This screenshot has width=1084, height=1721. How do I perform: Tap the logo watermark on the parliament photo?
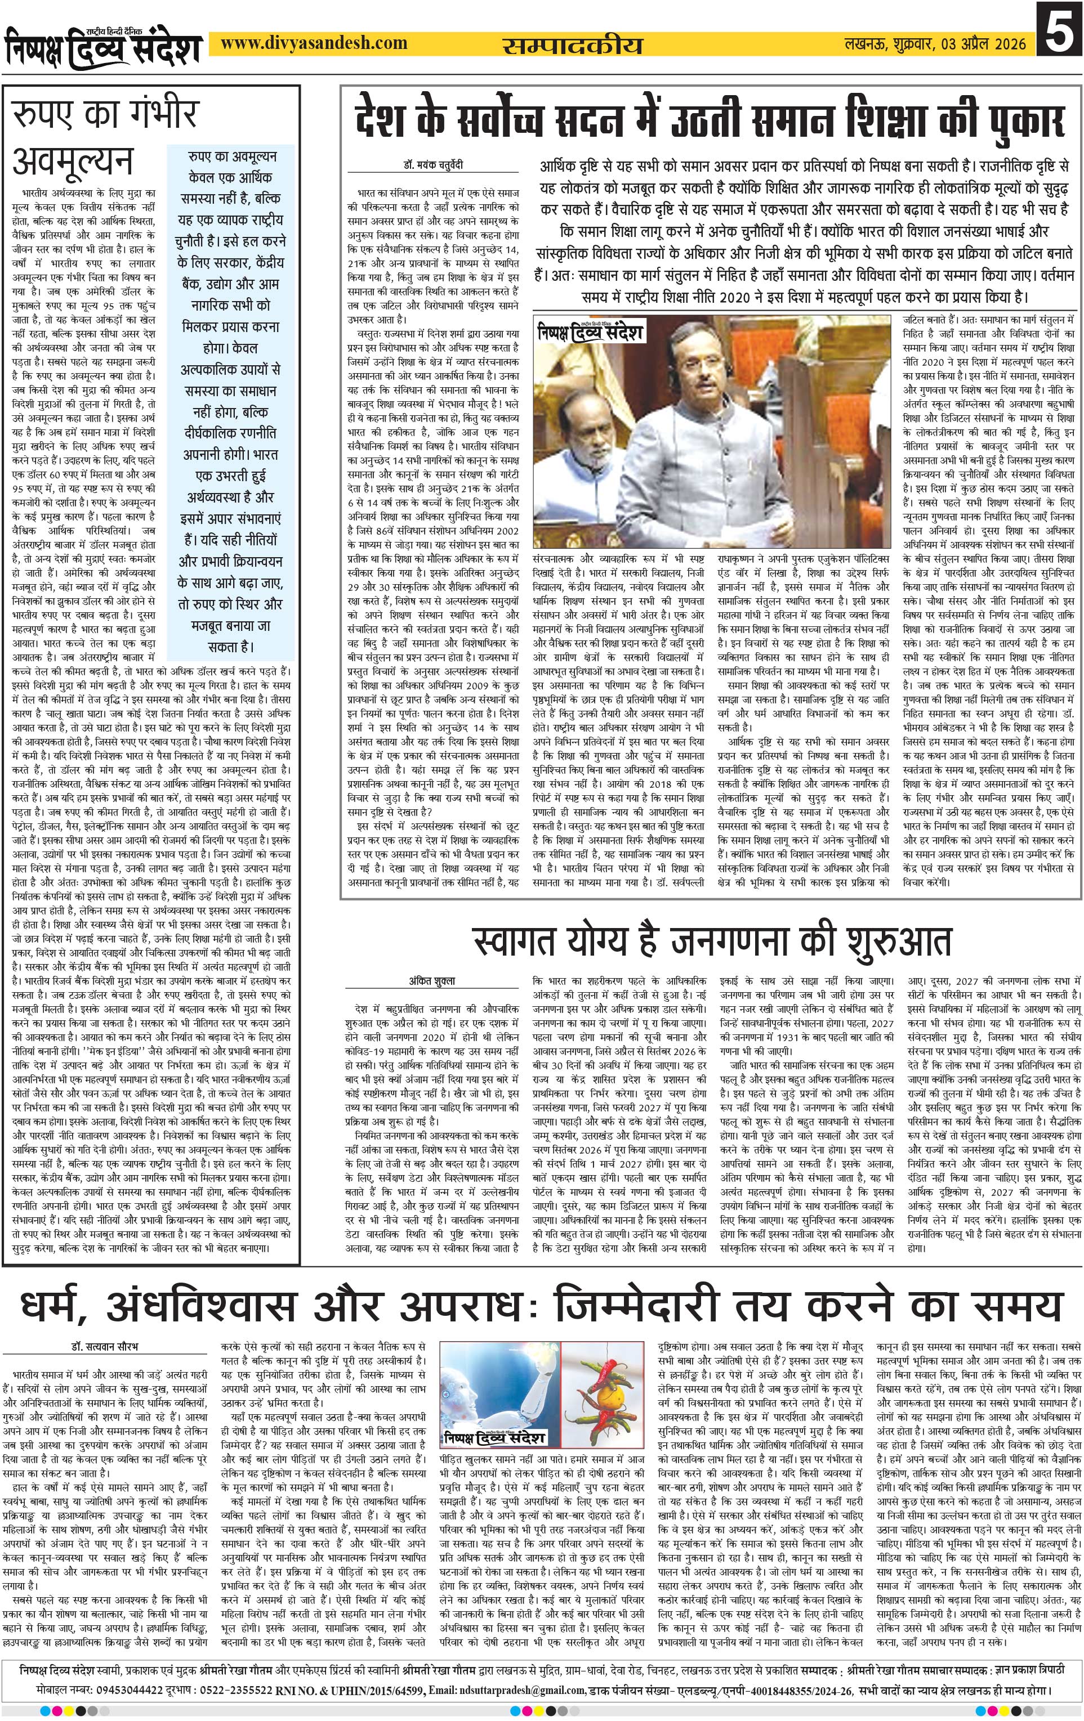pyautogui.click(x=591, y=331)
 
